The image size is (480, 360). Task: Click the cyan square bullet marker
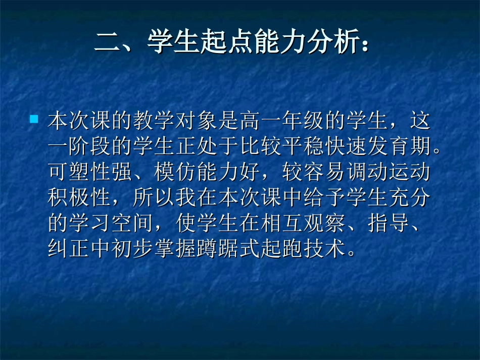(x=34, y=120)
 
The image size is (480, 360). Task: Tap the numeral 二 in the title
(x=108, y=42)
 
